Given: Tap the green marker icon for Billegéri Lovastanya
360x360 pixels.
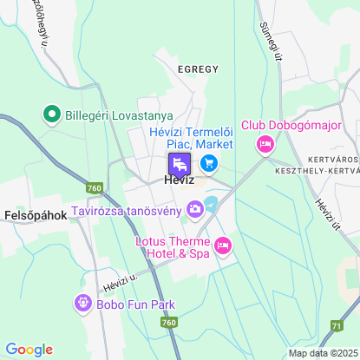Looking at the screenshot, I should [51, 115].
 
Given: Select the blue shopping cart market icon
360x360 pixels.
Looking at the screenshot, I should [208, 162].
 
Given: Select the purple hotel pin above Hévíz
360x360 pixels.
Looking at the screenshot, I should [179, 164].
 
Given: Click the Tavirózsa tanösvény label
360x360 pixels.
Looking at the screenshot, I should [127, 209].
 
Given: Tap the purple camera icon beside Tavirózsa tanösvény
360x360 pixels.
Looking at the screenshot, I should [196, 208].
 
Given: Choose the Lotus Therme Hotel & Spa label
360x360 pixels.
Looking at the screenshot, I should [173, 247].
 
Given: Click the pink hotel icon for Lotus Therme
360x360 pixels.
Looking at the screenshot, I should [222, 247].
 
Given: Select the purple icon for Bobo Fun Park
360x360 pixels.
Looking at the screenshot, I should [82, 304].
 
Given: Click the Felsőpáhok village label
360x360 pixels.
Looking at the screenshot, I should [36, 215].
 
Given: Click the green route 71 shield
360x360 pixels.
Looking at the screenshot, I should [336, 324].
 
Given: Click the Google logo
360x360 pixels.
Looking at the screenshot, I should [29, 349].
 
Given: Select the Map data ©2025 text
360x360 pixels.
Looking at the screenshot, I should [322, 352].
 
